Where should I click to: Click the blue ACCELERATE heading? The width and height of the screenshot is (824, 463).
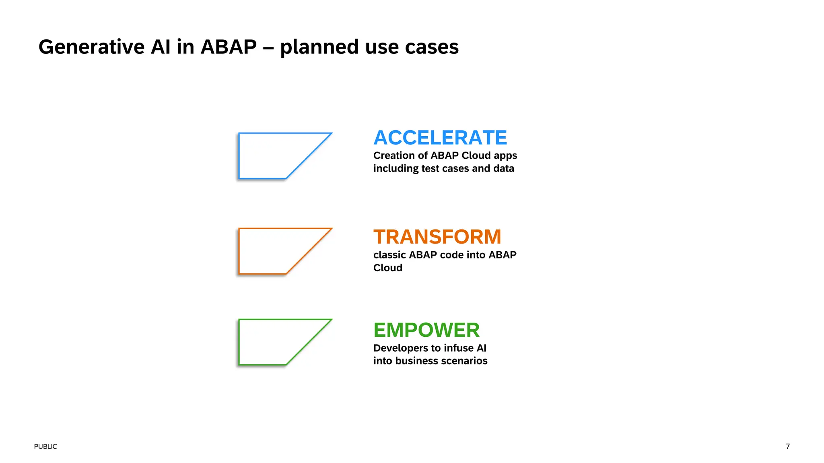pos(440,138)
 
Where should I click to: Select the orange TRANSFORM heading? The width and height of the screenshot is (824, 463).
pos(437,237)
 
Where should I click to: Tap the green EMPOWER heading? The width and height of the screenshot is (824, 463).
pos(426,330)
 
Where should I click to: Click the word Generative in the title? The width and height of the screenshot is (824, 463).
pos(91,47)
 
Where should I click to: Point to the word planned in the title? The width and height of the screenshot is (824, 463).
pos(319,47)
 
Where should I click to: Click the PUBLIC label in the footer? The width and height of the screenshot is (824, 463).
pos(45,447)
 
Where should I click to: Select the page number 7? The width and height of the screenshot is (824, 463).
pos(787,446)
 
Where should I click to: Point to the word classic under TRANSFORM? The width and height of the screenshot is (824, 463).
pos(389,255)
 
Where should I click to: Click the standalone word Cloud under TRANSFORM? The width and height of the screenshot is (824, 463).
pos(387,268)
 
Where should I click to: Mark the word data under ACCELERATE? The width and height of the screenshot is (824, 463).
pos(503,168)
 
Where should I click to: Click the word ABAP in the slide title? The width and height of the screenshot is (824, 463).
pos(229,47)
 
